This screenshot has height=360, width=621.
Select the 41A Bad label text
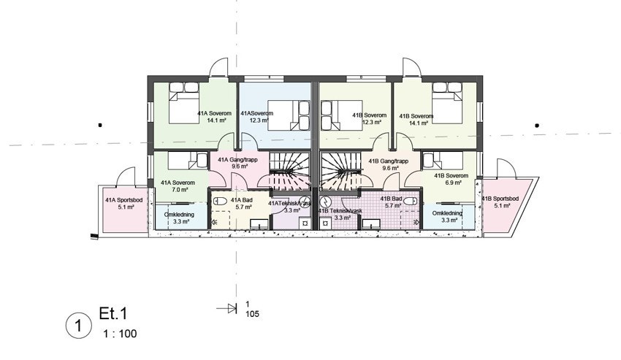click(x=241, y=199)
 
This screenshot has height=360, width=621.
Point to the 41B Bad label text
click(x=392, y=199)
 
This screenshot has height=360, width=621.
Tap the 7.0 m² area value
click(x=180, y=190)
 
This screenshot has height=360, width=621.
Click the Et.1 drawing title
click(x=113, y=315)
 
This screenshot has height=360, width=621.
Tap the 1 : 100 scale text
click(x=117, y=334)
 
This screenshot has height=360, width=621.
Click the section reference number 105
click(x=252, y=314)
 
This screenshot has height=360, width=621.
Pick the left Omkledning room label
click(x=179, y=213)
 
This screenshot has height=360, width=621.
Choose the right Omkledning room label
click(x=447, y=213)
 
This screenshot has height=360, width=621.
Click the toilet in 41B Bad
click(x=412, y=199)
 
